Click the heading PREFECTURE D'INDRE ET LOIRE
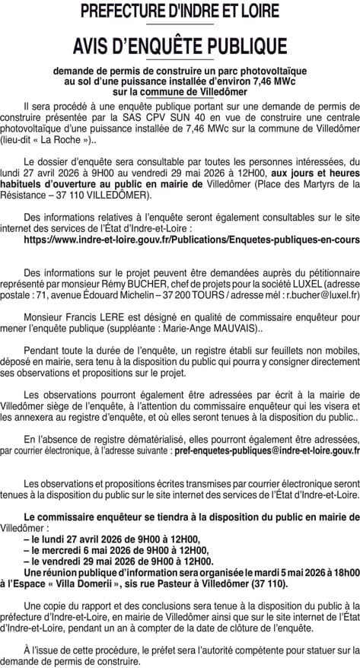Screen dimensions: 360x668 (180, 11)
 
